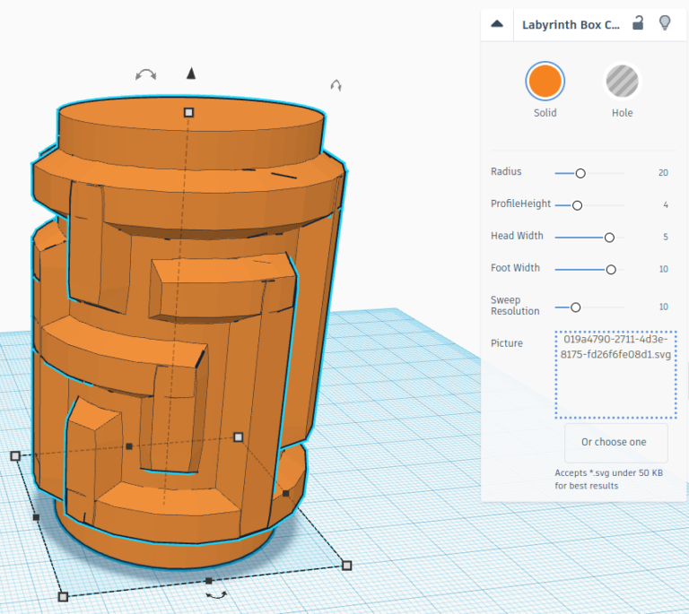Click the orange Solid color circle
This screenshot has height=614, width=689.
pos(545,82)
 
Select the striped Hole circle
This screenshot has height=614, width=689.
pos(622,82)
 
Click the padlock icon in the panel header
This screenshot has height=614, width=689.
pos(638,23)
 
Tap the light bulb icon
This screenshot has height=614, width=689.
pos(665,23)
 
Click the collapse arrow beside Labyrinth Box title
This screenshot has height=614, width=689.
pos(497,24)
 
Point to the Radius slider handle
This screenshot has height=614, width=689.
pos(580,173)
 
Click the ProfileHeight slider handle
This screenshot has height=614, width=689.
pos(577,205)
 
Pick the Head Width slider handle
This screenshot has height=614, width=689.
pos(609,238)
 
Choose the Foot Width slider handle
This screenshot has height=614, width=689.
pos(611,269)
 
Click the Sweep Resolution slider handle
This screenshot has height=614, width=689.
pos(576,307)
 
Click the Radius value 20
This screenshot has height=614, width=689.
pos(663,173)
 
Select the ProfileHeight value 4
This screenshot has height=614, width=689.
pos(666,205)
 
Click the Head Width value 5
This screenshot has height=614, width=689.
pos(666,238)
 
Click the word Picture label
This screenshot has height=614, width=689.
pos(507,343)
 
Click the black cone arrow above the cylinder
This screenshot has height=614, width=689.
pos(190,74)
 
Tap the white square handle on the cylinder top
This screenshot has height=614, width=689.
pos(188,112)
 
